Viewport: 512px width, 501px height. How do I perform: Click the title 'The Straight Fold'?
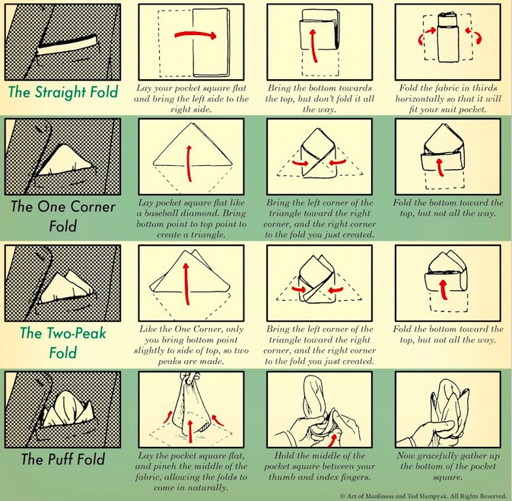[x=63, y=92]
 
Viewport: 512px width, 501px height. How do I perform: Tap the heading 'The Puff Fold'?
[x=63, y=459]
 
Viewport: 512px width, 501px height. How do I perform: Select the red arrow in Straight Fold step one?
[x=196, y=34]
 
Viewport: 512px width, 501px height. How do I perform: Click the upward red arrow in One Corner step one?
[x=189, y=163]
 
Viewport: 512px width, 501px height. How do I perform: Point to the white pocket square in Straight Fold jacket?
[x=68, y=46]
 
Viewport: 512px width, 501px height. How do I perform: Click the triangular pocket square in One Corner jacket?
[x=65, y=161]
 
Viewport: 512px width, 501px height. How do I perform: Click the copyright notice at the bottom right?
[x=423, y=496]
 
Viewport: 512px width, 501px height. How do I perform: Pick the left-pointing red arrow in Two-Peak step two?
[x=336, y=289]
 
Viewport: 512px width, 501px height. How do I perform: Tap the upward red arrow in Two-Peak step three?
[x=444, y=289]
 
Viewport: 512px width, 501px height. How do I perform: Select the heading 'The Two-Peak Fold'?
[x=63, y=343]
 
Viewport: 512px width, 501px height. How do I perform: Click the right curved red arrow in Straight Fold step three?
[x=474, y=36]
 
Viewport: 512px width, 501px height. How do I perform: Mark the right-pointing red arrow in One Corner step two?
[x=300, y=162]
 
